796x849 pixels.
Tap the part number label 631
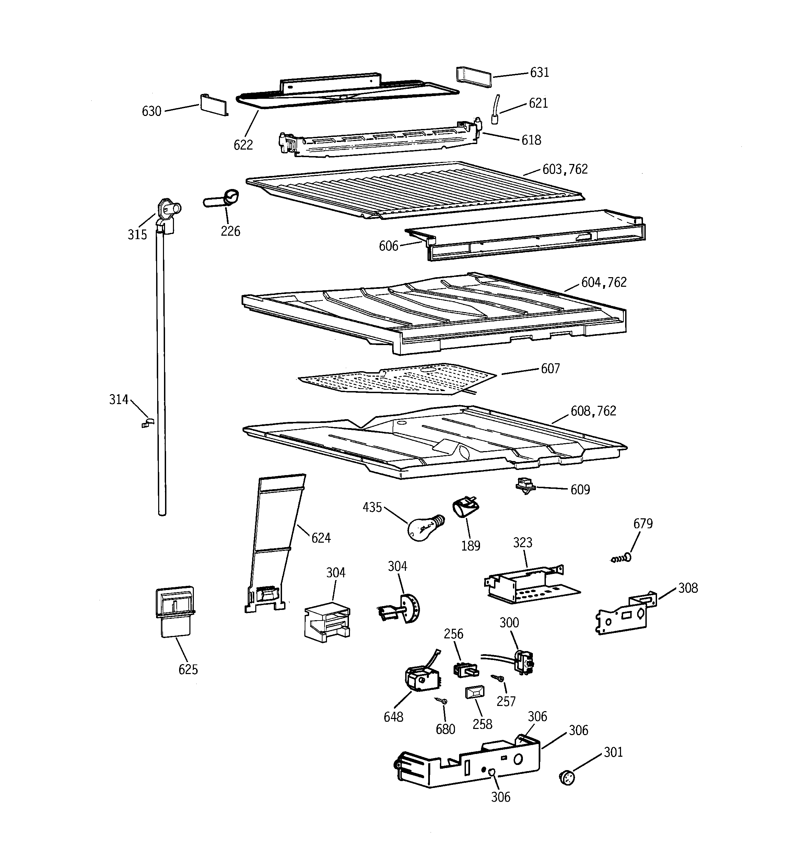click(539, 73)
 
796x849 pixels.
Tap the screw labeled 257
click(498, 678)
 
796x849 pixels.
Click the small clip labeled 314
click(146, 423)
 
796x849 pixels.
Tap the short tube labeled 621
click(496, 110)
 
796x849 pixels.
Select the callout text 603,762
click(565, 169)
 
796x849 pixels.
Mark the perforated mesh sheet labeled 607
click(397, 378)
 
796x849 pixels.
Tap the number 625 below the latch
click(188, 670)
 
